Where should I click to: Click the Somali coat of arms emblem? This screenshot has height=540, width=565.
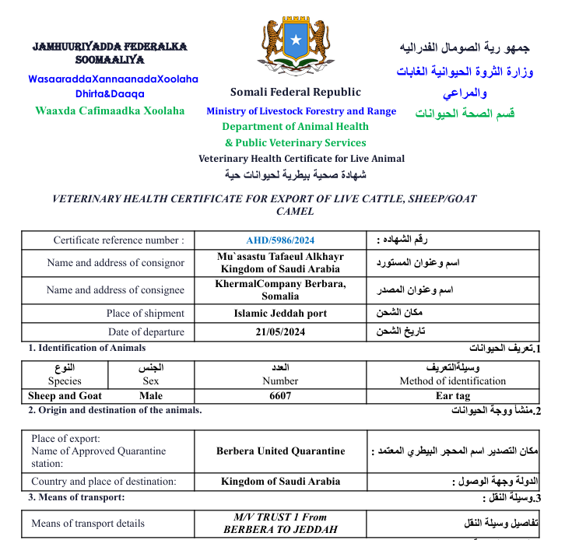coord(295,43)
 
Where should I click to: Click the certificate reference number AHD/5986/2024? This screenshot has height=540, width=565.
coord(280,240)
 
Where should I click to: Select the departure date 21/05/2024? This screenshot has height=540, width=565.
coord(280,332)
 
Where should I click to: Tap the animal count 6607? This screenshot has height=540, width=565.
coord(280,395)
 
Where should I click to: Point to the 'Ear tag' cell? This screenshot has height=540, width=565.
coord(453,395)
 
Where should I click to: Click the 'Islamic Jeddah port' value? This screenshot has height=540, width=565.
coord(280,314)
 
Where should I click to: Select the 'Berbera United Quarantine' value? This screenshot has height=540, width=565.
coord(280,451)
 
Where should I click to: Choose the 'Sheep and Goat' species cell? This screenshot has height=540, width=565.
coord(65,395)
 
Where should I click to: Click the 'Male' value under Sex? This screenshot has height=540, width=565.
coord(151,395)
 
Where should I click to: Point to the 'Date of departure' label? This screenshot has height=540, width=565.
coord(147,332)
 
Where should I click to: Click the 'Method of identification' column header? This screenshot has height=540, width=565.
coord(453,381)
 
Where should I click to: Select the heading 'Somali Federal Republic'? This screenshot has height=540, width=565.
coord(296,93)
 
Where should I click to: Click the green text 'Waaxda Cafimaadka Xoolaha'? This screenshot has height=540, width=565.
coord(110,110)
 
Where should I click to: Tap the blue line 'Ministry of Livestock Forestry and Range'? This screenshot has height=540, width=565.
coord(301,111)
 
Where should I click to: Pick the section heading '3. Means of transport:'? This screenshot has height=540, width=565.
coord(76,496)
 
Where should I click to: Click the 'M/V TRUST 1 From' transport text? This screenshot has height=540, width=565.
coord(280,517)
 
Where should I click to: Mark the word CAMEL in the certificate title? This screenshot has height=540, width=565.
coord(295,211)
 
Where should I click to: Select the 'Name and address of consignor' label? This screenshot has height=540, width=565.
coord(116,263)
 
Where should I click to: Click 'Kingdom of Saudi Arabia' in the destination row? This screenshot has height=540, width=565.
coord(280,481)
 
